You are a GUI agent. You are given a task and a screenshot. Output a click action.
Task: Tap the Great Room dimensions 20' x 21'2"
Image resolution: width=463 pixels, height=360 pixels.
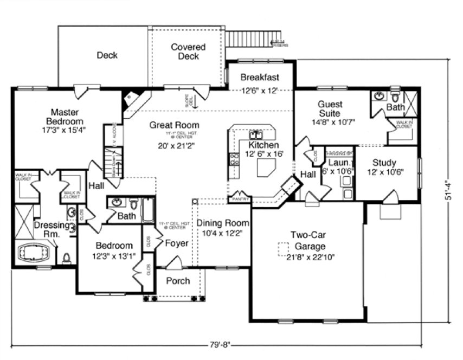point(173,145)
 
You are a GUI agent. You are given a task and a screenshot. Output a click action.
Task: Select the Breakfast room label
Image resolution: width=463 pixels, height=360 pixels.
point(260,77)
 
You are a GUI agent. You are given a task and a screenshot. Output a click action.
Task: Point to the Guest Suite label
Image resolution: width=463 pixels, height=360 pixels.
point(329,108)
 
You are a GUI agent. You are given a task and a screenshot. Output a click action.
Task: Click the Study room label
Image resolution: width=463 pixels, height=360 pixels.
point(384,163)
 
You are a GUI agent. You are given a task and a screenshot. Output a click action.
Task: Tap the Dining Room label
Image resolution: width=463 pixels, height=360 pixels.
point(222,223)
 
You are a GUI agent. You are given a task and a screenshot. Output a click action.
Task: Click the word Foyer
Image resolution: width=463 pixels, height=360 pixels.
point(177,243)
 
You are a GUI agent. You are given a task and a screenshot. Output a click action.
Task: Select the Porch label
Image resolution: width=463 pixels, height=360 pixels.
point(177,280)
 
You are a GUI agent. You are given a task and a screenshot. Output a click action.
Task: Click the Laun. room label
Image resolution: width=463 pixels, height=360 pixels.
point(339,163)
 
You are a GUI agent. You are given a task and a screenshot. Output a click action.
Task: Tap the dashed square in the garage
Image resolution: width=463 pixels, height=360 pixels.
point(282,248)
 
